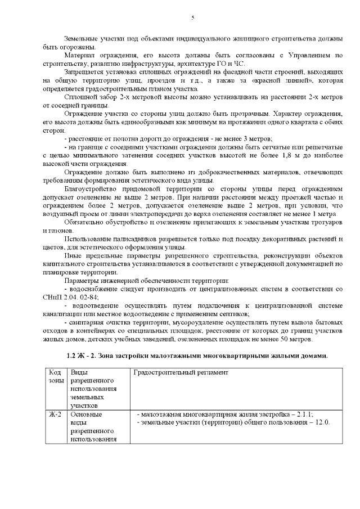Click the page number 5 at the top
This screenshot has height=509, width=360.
(193, 18)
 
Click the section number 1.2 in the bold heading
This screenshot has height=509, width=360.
(71, 356)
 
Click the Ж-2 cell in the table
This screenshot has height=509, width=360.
(55, 414)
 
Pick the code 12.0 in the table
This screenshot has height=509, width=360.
(322, 422)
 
